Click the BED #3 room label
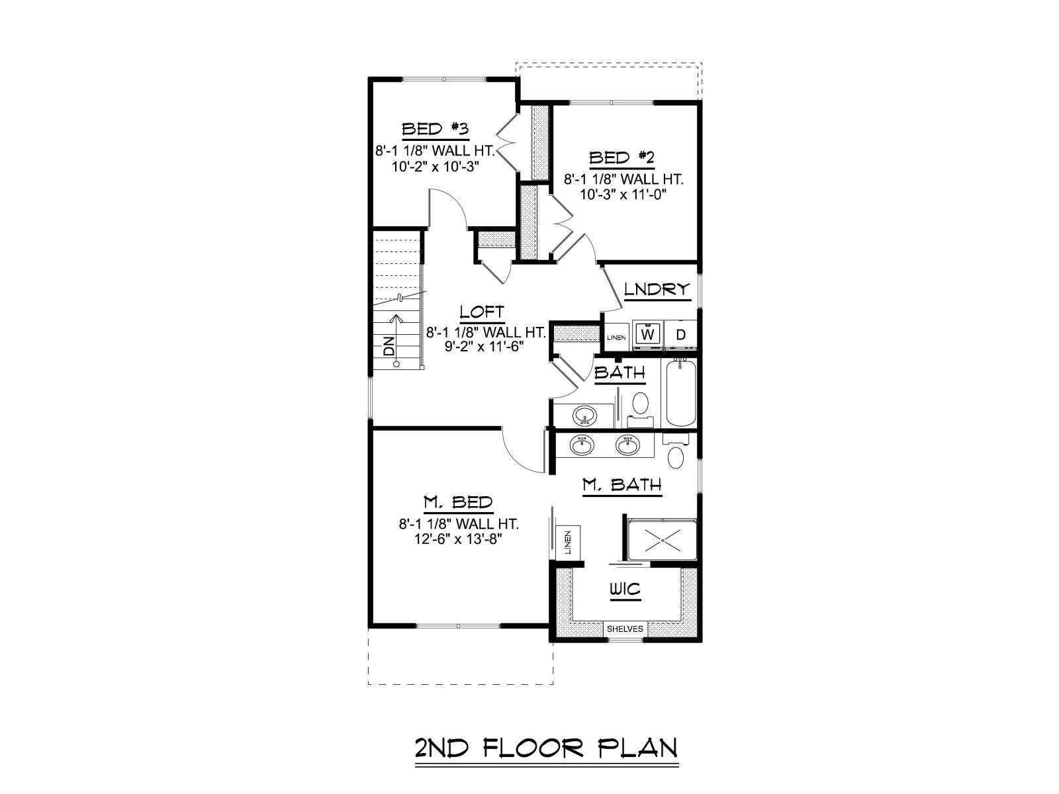435,129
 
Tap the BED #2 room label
622,157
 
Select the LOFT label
482,312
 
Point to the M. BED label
458,503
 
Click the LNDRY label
657,289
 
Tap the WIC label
625,589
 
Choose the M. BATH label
622,484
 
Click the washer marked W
647,334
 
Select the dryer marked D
681,334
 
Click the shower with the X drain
662,540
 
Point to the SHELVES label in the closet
625,629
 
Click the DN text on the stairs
389,346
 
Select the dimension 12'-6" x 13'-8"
458,539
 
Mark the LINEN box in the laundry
616,337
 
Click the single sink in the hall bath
584,415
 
